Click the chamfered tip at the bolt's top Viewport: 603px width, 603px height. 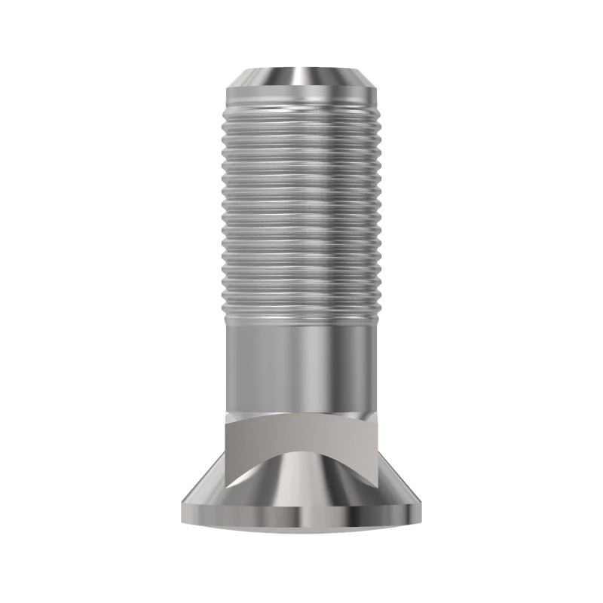301,78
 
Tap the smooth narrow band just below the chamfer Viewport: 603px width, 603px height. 301,98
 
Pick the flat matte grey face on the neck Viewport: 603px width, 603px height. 301,437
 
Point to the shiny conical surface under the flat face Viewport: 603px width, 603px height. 301,482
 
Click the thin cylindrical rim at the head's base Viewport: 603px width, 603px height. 301,519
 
